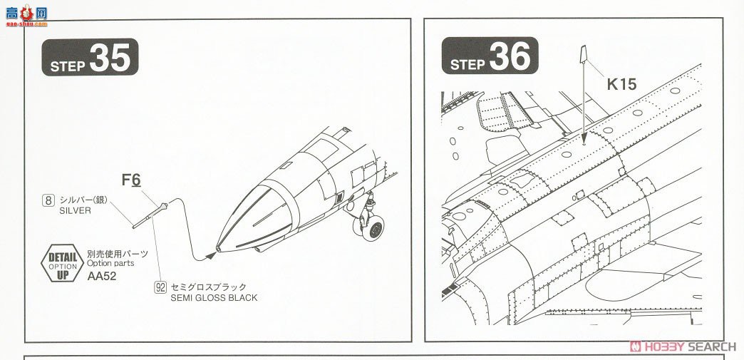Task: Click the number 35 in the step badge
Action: click(111, 58)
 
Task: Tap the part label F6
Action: click(131, 180)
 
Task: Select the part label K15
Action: click(621, 83)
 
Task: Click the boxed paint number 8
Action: click(48, 200)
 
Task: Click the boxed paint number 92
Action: click(161, 287)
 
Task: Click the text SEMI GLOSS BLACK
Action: click(214, 297)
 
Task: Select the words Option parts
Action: click(110, 263)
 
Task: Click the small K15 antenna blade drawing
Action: click(583, 53)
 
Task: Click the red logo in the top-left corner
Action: click(25, 12)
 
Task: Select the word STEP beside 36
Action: click(467, 65)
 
